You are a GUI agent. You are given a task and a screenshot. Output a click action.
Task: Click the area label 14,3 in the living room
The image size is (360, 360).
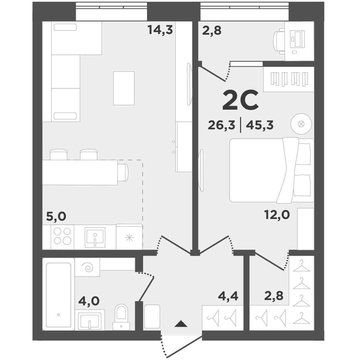pos(160,30)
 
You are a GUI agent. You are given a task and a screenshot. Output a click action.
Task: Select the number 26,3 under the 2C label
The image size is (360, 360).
pos(221,125)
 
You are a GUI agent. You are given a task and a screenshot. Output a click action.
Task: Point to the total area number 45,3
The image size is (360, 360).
pos(259,125)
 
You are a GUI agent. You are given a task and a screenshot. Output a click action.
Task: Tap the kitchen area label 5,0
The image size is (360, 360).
pos(56,217)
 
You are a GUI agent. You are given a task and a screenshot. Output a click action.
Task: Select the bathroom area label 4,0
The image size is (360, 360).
pos(88,301)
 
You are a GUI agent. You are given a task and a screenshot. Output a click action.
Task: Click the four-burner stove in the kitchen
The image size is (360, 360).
pos(62,236)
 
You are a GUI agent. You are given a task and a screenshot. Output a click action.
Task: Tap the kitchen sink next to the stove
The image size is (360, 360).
pos(95,237)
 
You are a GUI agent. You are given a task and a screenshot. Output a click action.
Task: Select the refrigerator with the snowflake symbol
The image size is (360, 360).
pos(129,237)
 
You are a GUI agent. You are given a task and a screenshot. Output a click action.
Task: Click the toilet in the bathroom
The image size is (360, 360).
pos(121,317)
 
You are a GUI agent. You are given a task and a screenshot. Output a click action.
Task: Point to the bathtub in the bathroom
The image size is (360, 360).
pos(58,295)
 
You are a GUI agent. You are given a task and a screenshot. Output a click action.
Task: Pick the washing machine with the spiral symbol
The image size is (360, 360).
pos(87,267)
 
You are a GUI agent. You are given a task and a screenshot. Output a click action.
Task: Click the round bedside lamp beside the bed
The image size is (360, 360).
pos(301,124)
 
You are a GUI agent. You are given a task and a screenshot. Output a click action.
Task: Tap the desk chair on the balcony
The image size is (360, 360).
pos(279,41)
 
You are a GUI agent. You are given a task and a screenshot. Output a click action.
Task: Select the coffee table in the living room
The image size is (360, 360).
pos(124,88)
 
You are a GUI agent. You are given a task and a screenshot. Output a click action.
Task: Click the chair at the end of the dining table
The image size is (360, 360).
pos(123,172)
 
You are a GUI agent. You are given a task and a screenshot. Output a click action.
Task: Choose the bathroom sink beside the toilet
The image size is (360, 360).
pos(89,320)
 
